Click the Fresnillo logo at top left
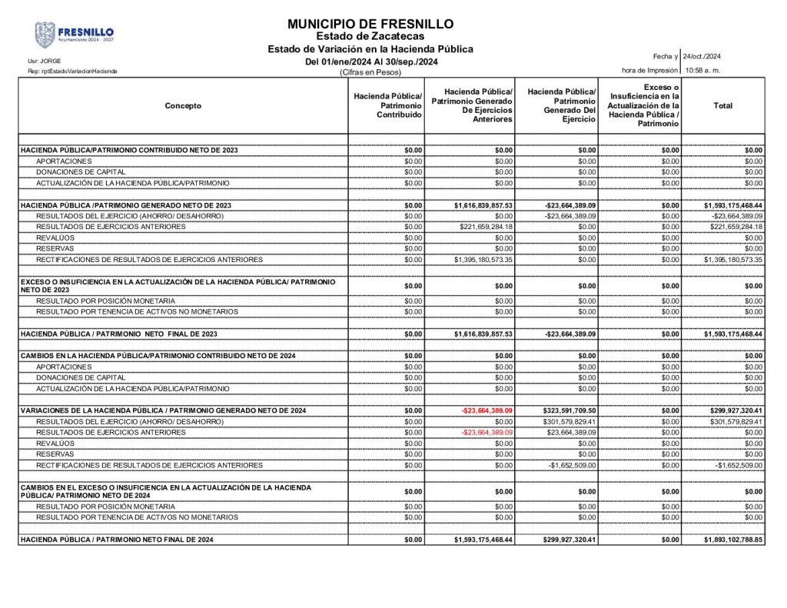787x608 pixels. coord(74,35)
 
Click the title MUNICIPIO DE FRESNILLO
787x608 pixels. coord(370,24)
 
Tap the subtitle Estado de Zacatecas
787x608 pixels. coord(370,36)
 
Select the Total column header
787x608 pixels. coord(722,106)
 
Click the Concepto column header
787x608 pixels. coord(183,106)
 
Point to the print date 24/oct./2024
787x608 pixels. coord(702,56)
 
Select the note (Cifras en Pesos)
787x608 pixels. coord(370,72)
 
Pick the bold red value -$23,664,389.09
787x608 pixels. coord(487,410)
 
